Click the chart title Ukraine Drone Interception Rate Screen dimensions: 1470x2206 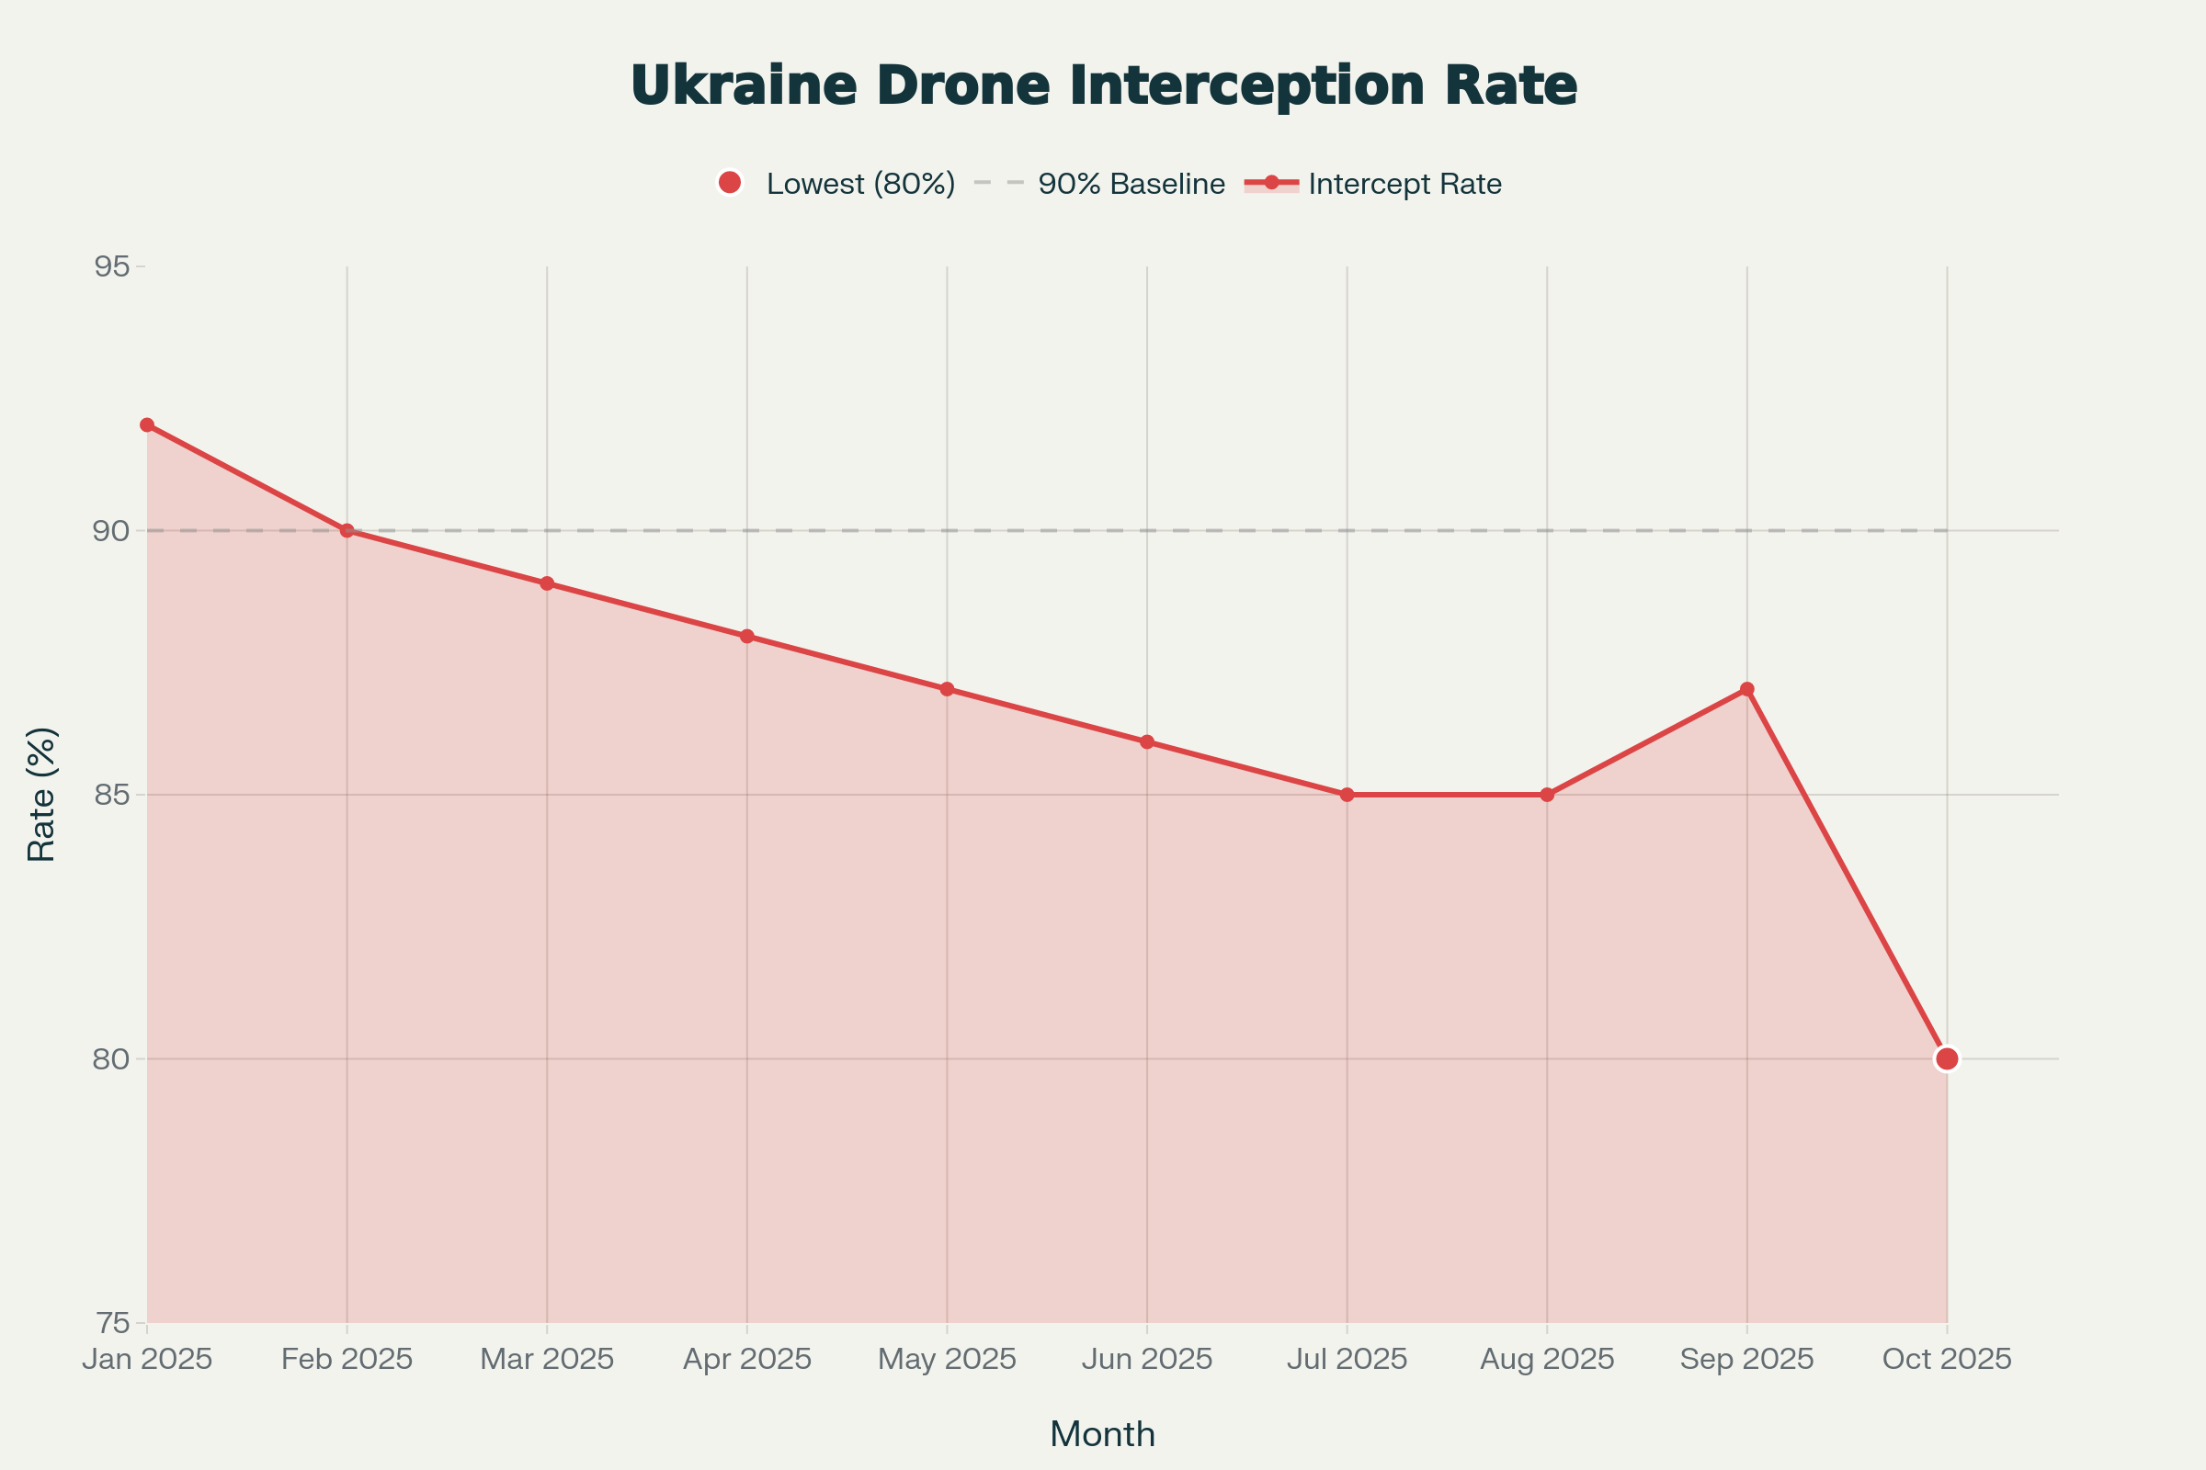tap(1103, 86)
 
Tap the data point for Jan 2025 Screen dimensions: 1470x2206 tap(147, 424)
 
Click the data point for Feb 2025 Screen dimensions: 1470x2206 tap(347, 531)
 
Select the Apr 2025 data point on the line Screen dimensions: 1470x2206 tap(746, 637)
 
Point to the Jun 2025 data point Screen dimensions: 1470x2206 tap(1147, 741)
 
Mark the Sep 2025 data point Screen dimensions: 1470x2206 tap(1746, 689)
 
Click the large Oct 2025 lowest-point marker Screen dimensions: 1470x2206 tap(1947, 1058)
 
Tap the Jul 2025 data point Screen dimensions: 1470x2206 tap(1347, 795)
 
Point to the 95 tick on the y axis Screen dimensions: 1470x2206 tap(111, 267)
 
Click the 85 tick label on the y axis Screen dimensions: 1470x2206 tap(111, 795)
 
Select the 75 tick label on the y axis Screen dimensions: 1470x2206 tap(111, 1323)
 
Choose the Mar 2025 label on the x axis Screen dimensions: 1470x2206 tap(547, 1360)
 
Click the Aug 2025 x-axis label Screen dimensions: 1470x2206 tap(1547, 1360)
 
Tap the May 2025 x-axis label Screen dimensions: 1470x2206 tap(947, 1360)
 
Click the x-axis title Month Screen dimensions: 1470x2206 tap(1103, 1434)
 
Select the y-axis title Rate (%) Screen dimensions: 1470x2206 tap(42, 795)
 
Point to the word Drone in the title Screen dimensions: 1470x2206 tap(962, 86)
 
